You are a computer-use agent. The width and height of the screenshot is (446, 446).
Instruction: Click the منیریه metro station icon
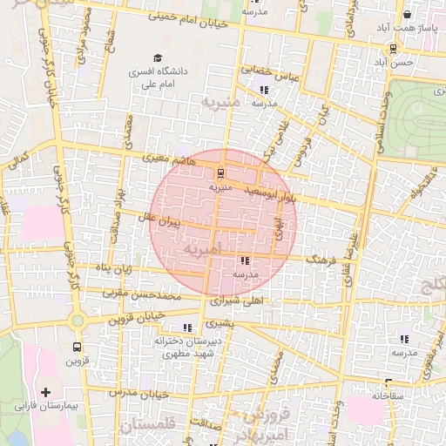pyautogui.click(x=220, y=173)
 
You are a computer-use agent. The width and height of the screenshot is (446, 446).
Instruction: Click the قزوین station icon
pyautogui.click(x=78, y=346)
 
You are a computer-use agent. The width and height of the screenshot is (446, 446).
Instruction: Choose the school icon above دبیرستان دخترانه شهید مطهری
pyautogui.click(x=187, y=328)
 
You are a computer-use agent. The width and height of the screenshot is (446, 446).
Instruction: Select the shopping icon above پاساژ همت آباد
pyautogui.click(x=407, y=15)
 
